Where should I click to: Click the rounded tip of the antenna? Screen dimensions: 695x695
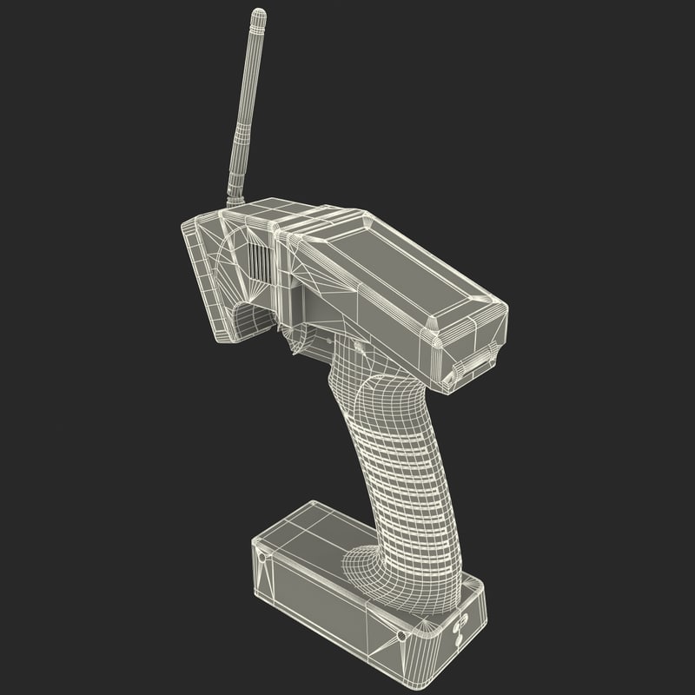point(258,15)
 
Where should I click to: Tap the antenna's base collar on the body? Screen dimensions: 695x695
point(234,202)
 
